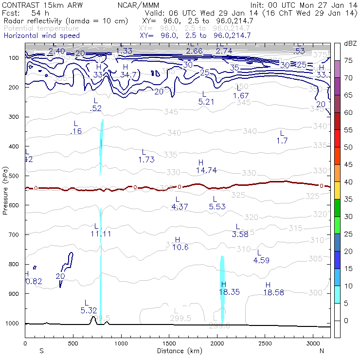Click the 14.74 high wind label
(206, 170)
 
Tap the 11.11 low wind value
(101, 234)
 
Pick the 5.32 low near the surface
(90, 310)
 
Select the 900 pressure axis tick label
(15, 294)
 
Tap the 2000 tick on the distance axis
(216, 343)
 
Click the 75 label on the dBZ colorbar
(349, 60)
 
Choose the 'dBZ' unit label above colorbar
(350, 43)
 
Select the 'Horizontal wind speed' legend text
(42, 36)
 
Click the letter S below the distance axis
(41, 351)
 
